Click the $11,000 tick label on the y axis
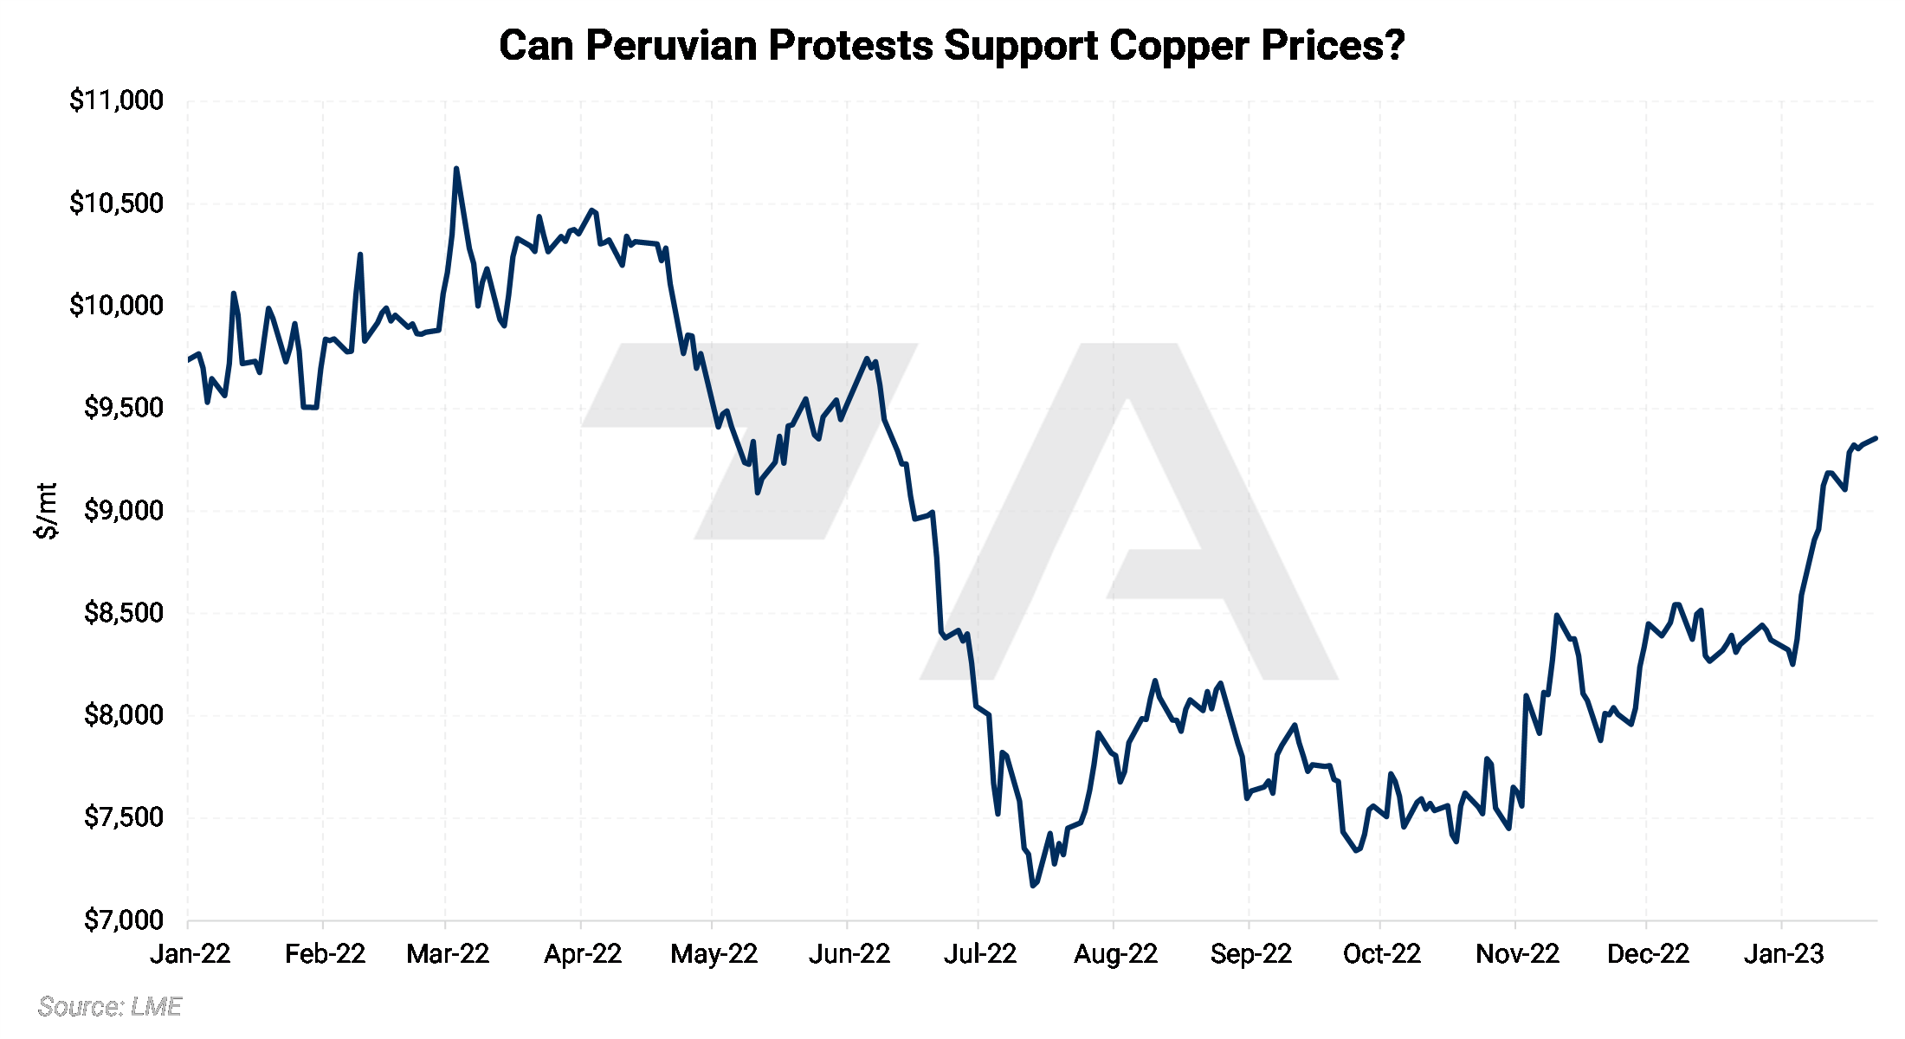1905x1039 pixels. (x=116, y=100)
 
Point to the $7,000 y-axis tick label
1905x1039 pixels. (x=123, y=920)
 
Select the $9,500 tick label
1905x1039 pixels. (x=123, y=408)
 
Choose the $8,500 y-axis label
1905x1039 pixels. (x=123, y=613)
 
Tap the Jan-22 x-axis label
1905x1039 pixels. (x=190, y=954)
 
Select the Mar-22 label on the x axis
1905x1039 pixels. (x=448, y=954)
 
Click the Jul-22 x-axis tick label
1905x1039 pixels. (x=979, y=954)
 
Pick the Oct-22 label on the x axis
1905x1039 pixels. (x=1381, y=954)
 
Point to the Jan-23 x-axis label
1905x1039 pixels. (x=1783, y=954)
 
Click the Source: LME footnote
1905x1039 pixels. (x=109, y=1006)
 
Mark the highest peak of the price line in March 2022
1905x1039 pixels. (x=456, y=169)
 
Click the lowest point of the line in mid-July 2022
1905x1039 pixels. (x=1032, y=885)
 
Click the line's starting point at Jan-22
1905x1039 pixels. (x=188, y=359)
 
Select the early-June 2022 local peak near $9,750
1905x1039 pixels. (x=867, y=358)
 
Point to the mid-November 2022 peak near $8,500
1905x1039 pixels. (x=1556, y=616)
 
